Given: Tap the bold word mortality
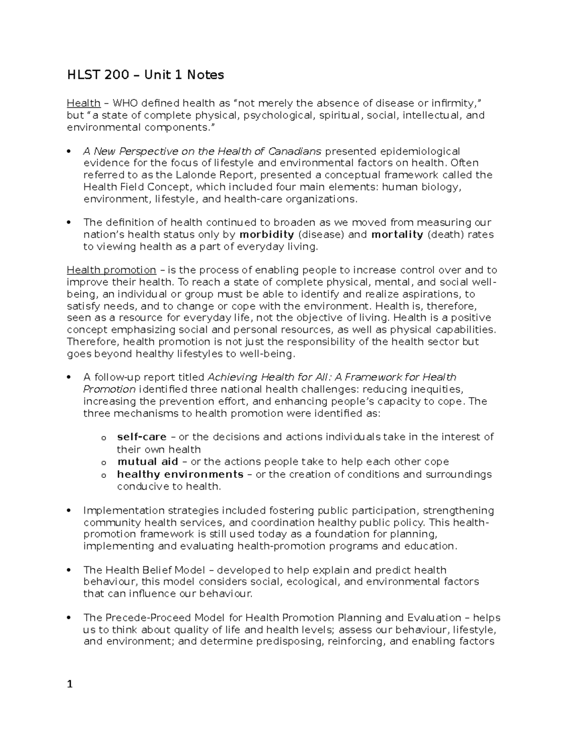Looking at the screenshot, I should [397, 234].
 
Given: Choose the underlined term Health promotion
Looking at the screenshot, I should [111, 270].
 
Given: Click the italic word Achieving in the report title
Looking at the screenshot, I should [230, 377].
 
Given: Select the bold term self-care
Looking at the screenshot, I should [142, 437].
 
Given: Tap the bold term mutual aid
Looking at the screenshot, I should [147, 462].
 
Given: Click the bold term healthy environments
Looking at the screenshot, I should [180, 475].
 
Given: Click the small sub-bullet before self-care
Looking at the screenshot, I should [103, 438].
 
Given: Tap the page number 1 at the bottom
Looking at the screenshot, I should [70, 684].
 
